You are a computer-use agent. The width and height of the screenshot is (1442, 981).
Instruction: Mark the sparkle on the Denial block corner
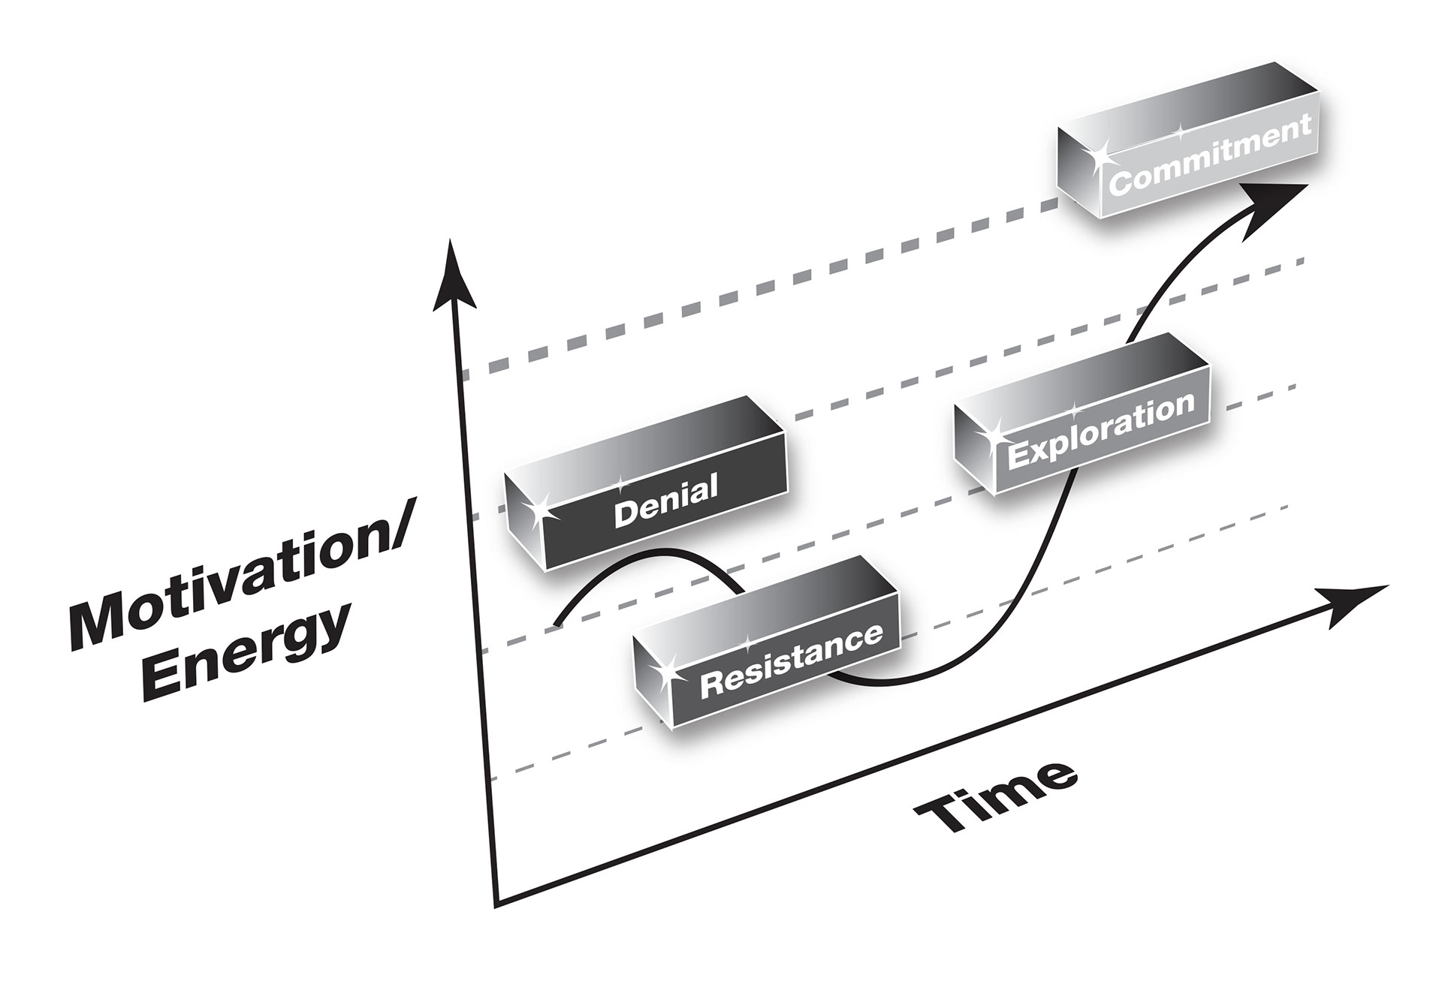coord(538,509)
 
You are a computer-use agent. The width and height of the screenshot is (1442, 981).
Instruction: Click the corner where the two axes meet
coord(496,899)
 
